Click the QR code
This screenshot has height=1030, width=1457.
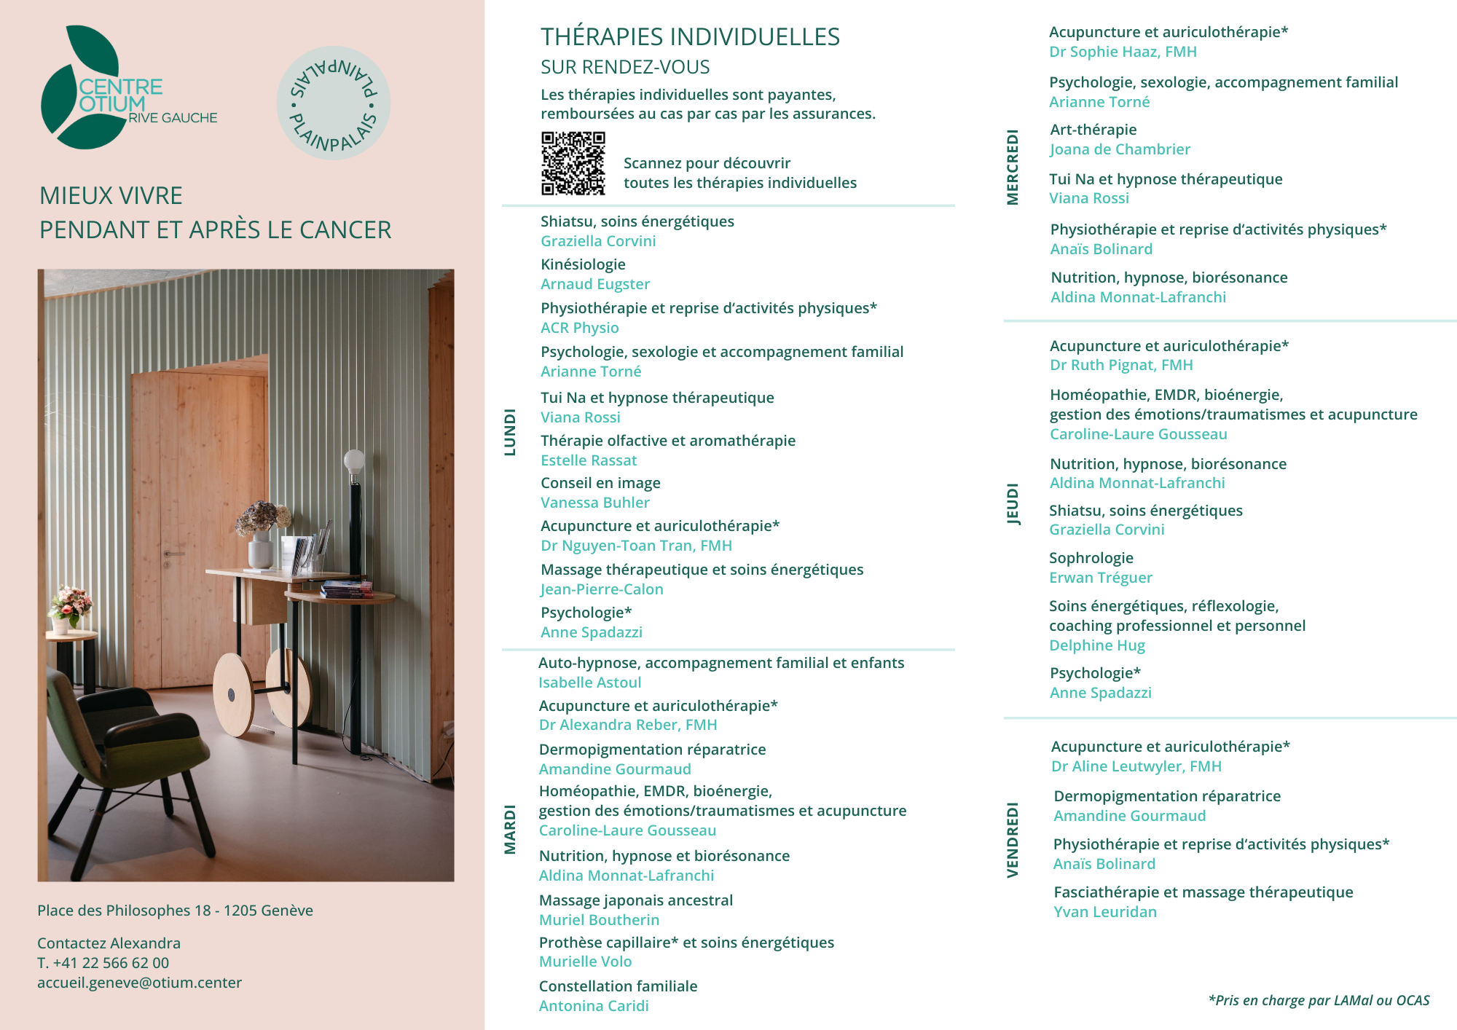573,163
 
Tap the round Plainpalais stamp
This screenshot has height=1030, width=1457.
333,103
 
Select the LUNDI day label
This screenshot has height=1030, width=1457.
510,432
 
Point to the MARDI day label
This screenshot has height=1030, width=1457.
510,829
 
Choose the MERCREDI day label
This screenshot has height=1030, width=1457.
1013,167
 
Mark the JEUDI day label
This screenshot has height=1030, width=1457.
1013,503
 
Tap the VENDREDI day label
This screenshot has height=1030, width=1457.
1013,839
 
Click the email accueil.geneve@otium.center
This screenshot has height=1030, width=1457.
139,983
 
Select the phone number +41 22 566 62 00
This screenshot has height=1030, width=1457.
111,963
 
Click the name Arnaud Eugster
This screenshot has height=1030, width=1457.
595,284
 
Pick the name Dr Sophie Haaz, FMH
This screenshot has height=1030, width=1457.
1123,52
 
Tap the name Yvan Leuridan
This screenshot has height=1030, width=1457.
1104,912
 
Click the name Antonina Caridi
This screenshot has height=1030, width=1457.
594,1006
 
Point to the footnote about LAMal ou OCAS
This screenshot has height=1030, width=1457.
1319,1000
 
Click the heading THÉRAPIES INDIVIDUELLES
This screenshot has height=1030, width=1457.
690,36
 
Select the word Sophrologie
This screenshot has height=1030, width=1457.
1091,558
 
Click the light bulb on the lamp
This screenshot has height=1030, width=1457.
354,460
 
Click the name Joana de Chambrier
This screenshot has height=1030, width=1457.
1120,149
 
